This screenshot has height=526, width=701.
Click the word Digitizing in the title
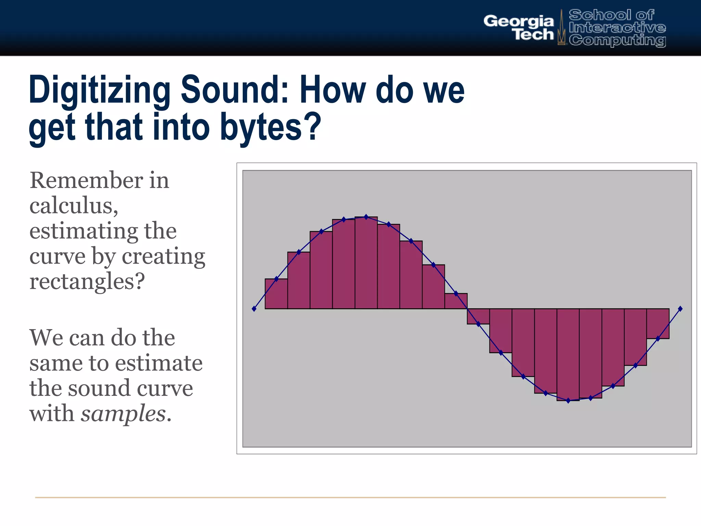(100, 90)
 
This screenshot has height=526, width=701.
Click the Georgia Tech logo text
(519, 28)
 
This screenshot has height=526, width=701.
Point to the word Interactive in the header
(617, 27)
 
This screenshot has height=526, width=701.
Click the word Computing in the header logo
(617, 40)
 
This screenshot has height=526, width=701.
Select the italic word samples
(123, 413)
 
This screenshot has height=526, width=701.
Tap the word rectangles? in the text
(87, 281)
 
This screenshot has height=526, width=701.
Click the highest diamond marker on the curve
(366, 217)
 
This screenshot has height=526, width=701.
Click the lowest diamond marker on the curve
(568, 401)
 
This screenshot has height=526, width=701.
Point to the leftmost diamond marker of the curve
(254, 309)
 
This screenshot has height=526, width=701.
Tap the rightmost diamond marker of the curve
(680, 309)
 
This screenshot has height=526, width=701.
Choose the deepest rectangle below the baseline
(568, 354)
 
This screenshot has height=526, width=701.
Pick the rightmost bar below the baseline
(658, 324)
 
